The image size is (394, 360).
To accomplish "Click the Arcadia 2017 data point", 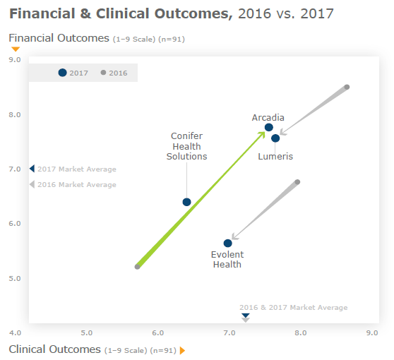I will pos(269,128).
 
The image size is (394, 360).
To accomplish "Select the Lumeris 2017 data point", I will pos(275,138).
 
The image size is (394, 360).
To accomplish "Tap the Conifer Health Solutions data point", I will pos(186,202).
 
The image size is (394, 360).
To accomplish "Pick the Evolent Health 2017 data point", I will pos(227,244).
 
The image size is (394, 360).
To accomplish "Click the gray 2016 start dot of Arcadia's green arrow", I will pos(138,267).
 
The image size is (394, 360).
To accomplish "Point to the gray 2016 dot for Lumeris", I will pos(347,87).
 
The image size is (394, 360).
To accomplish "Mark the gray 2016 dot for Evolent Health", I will pos(297,182).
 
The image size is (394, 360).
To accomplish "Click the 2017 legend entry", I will pos(73,73).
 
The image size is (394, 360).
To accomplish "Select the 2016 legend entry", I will pos(114,73).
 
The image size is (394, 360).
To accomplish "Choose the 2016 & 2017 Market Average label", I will pos(293,308).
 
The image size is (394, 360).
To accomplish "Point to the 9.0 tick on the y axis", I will pos(15,60).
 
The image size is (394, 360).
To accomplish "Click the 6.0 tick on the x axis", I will pos(157,332).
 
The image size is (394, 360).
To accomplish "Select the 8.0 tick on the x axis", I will pos(300,332).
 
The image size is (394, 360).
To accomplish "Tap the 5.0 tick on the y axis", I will pos(15,278).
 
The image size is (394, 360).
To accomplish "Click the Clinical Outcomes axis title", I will pos(55,349).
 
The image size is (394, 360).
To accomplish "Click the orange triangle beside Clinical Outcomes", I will pos(182,350).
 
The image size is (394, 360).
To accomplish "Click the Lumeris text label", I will pos(275,156).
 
